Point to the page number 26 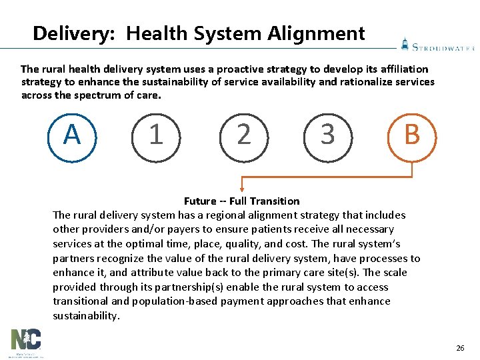459,348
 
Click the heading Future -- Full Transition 241,201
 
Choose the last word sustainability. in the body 87,316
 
